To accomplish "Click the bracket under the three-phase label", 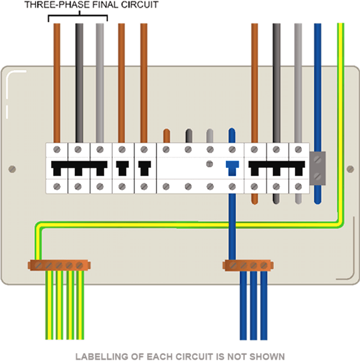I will tap(78, 17).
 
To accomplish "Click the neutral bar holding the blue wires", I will tap(248, 264).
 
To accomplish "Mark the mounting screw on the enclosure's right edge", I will tap(349, 169).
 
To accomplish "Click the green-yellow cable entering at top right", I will tap(340, 90).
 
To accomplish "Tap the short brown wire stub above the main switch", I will tap(166, 135).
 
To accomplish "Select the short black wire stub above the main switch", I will tap(188, 135).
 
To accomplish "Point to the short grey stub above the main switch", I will tap(209, 135).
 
